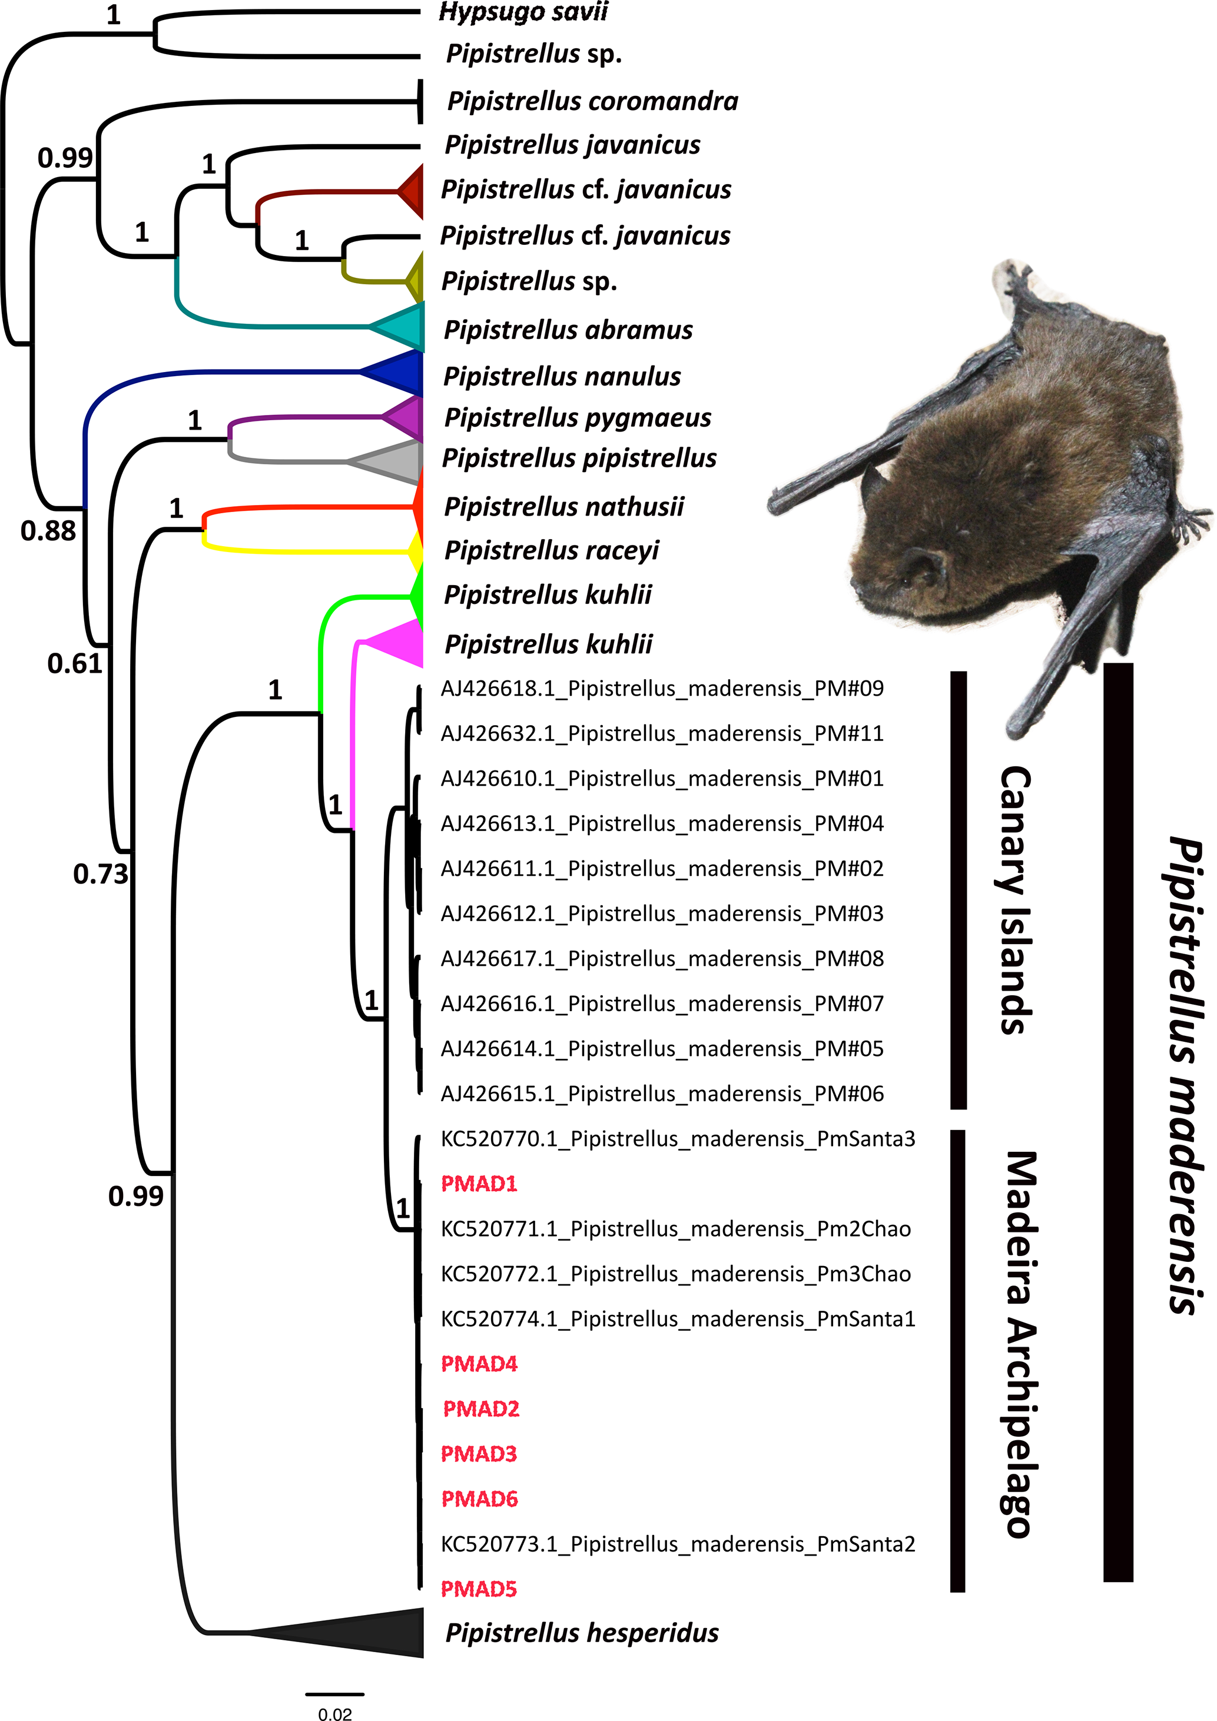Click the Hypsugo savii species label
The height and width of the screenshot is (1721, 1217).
point(523,12)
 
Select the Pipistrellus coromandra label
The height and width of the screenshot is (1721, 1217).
point(592,101)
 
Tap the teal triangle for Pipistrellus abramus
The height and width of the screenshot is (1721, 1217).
point(405,327)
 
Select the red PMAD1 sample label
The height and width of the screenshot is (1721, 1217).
point(479,1184)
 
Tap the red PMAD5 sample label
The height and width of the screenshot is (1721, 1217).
point(479,1589)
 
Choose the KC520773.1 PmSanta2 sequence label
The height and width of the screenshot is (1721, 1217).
point(678,1544)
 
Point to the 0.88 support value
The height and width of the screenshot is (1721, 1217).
point(48,531)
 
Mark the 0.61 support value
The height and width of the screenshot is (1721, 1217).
point(74,663)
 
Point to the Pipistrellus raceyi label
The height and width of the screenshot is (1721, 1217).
point(551,550)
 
